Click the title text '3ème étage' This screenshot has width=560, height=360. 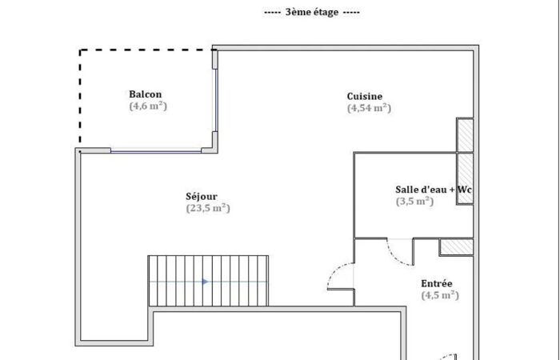pos(312,13)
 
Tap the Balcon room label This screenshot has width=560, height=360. pos(146,94)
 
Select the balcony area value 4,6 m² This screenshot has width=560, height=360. pos(148,106)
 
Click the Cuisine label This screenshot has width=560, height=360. pos(365,97)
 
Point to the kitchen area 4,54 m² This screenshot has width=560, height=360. pos(369,108)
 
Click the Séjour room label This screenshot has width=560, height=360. pos(202,197)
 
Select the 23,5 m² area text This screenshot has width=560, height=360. pos(208,208)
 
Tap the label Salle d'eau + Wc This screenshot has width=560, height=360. pos(434,190)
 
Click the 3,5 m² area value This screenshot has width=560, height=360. pos(414,202)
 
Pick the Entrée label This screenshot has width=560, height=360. pos(437,283)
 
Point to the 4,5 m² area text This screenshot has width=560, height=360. pos(440,295)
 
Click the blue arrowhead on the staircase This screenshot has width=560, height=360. pos(205,282)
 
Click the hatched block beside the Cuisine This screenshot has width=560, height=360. pos(465,135)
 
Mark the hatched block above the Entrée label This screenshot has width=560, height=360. pos(457,247)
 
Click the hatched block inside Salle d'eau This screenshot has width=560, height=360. pos(465,178)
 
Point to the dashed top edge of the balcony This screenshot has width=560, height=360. pos(146,50)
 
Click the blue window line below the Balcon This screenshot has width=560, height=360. pos(156,151)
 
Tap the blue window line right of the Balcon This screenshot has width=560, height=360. pos(216,100)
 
